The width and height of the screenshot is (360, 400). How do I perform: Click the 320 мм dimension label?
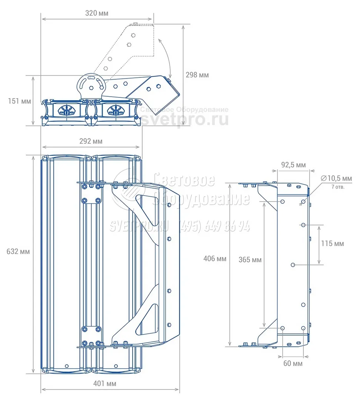pyautogui.click(x=97, y=13)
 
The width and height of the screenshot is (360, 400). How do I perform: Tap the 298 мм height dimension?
pyautogui.click(x=197, y=75)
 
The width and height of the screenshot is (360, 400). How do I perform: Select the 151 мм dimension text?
pyautogui.click(x=19, y=101)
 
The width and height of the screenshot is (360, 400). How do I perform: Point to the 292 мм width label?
pyautogui.click(x=91, y=141)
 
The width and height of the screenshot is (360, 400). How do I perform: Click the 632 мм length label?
pyautogui.click(x=18, y=251)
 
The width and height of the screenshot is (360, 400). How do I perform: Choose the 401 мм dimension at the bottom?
pyautogui.click(x=104, y=383)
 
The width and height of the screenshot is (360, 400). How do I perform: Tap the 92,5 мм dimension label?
pyautogui.click(x=293, y=165)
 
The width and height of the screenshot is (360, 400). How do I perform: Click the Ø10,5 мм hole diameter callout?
pyautogui.click(x=336, y=178)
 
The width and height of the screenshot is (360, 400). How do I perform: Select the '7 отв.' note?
pyautogui.click(x=338, y=187)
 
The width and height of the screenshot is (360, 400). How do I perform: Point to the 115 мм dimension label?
pyautogui.click(x=333, y=243)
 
